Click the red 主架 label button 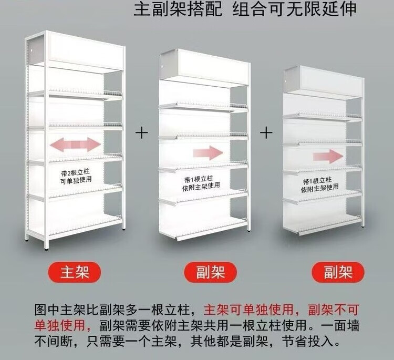point(74,272)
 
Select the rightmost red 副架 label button point(337,273)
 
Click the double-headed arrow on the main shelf point(75,144)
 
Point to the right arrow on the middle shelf point(208,153)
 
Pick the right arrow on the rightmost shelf point(328,157)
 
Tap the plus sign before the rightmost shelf point(266,132)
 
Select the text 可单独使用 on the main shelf point(76,180)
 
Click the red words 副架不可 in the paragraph point(335,308)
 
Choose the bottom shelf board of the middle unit point(202,226)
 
